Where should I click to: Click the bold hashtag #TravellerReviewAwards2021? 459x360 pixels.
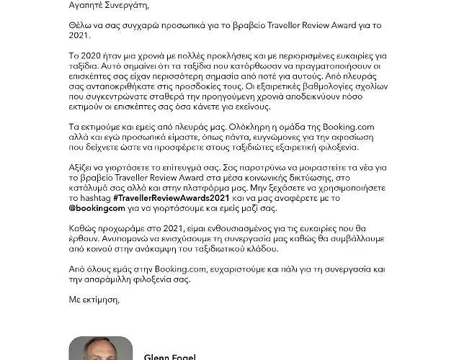[163, 205]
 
